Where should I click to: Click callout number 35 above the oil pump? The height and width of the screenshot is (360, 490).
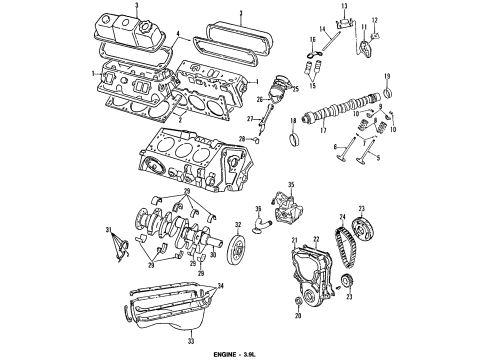coord(292,186)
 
